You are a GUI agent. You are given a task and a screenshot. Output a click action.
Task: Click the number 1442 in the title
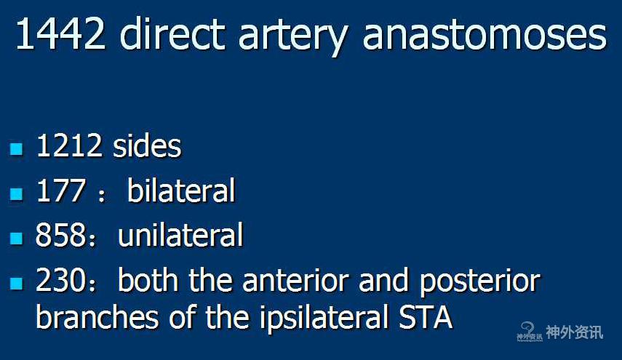(x=60, y=34)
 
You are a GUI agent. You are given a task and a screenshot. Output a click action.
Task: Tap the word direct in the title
(x=172, y=33)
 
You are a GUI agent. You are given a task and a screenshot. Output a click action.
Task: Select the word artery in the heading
(x=294, y=38)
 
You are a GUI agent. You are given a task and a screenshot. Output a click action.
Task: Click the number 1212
(x=68, y=145)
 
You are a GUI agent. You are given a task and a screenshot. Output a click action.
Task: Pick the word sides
(x=147, y=145)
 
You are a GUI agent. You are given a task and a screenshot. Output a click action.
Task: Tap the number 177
(x=60, y=191)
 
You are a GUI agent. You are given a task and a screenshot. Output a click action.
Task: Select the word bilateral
(x=181, y=190)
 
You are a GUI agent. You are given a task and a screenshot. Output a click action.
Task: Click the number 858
(x=60, y=235)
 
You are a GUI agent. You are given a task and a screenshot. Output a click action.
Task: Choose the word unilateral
(x=180, y=234)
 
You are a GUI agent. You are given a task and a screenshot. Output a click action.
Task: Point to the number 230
(x=60, y=280)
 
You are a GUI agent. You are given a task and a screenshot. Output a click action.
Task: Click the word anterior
(x=295, y=280)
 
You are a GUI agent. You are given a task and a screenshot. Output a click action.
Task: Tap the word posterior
(x=480, y=283)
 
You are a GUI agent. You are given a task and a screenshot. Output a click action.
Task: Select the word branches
(x=97, y=316)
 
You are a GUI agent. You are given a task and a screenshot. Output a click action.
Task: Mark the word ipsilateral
(x=324, y=319)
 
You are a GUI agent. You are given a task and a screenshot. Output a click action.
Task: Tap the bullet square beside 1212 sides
(x=17, y=148)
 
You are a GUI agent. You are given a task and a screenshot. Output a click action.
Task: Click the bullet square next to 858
(x=17, y=239)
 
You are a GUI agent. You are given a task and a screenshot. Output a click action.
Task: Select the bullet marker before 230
(x=17, y=283)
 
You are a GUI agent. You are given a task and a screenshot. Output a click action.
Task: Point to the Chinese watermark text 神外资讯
(x=574, y=332)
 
